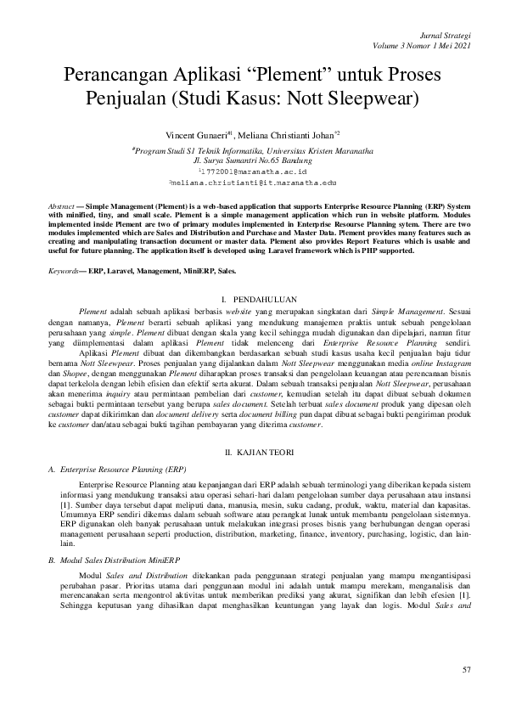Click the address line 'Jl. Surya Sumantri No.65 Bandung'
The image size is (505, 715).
[252, 159]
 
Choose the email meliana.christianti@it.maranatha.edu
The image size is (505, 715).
[253, 182]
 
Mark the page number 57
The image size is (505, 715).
[465, 671]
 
